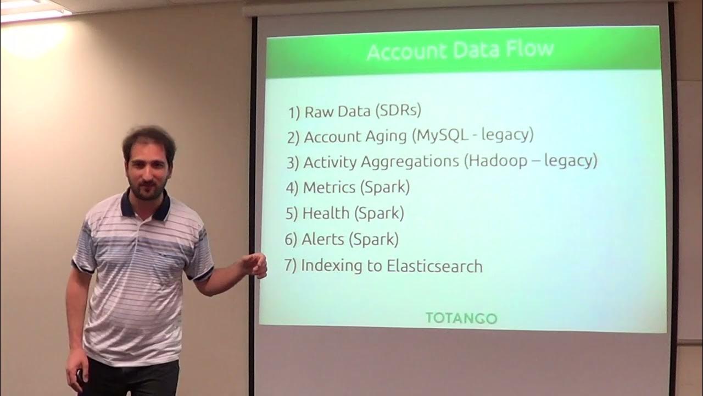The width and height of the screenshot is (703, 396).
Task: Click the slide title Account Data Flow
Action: pyautogui.click(x=460, y=51)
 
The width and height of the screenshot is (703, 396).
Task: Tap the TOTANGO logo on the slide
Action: pyautogui.click(x=461, y=318)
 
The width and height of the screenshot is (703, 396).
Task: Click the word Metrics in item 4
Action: pyautogui.click(x=329, y=187)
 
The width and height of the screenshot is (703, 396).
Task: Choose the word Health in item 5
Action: pyautogui.click(x=326, y=213)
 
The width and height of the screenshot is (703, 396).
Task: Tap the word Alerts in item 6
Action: pyautogui.click(x=323, y=239)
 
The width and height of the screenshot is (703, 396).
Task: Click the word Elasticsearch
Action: pyautogui.click(x=434, y=266)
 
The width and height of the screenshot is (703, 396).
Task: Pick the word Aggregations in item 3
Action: pyautogui.click(x=408, y=162)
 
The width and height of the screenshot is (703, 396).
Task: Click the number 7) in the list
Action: pyautogui.click(x=291, y=266)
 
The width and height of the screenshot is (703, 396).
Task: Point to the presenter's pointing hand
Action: pyautogui.click(x=255, y=266)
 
